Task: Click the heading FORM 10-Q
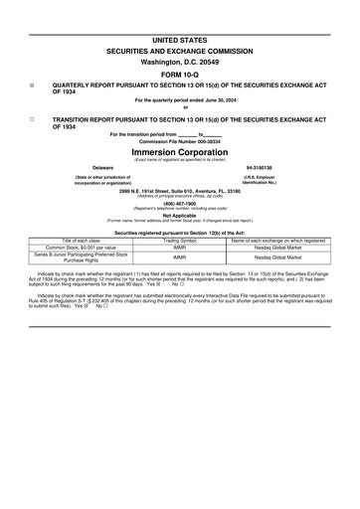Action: tap(179, 73)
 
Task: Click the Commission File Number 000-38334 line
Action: tap(179, 142)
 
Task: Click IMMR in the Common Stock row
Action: tap(180, 248)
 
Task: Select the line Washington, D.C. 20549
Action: tap(179, 60)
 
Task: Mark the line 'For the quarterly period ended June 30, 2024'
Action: tap(179, 100)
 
